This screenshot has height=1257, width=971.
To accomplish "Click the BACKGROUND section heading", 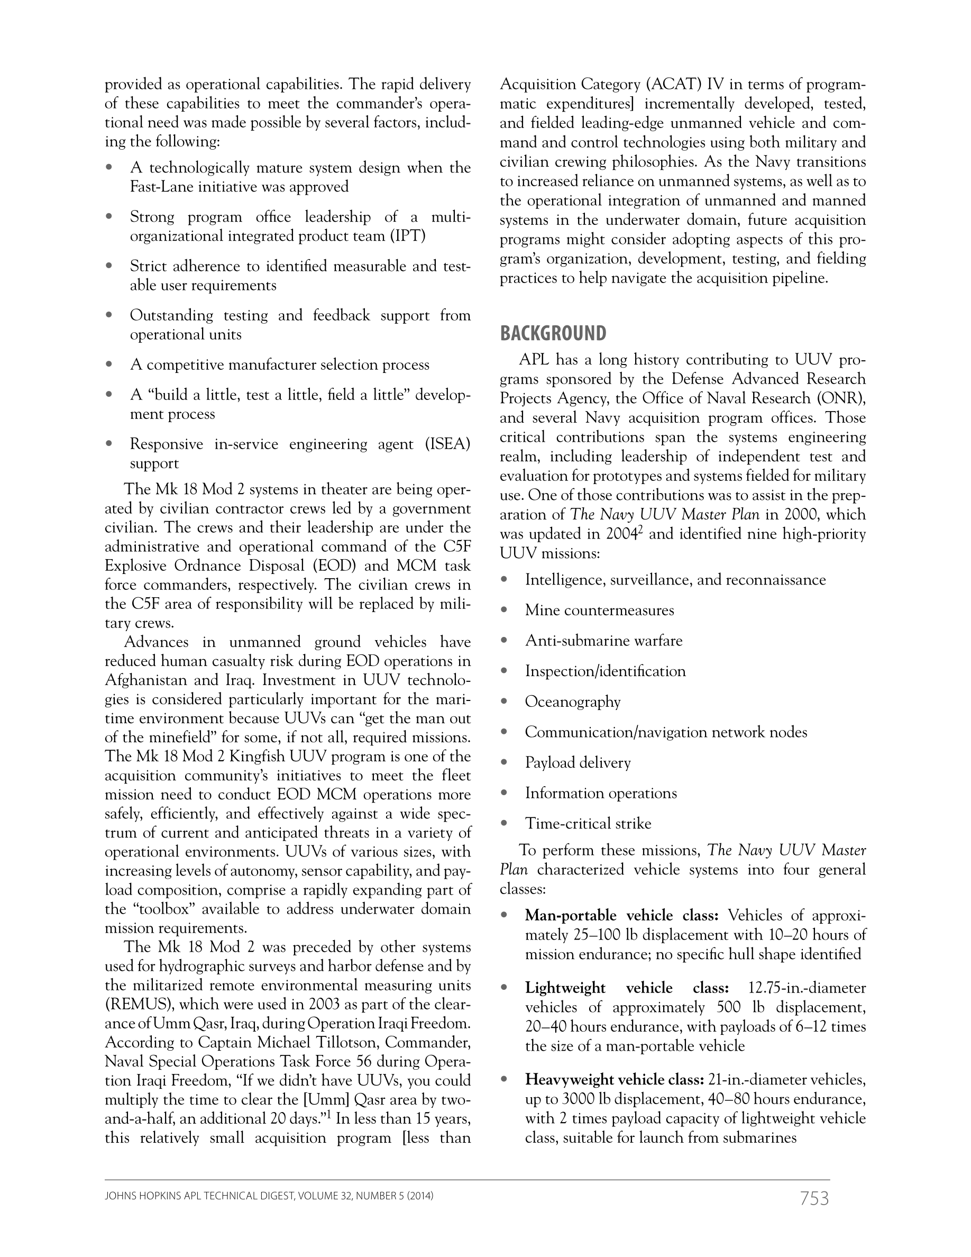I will (x=552, y=333).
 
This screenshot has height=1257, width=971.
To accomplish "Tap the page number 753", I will (x=814, y=1199).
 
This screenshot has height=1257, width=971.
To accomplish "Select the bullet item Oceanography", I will (x=572, y=702).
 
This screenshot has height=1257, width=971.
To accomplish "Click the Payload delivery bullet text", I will (x=578, y=762).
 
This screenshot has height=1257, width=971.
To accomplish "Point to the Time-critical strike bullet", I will (x=588, y=824).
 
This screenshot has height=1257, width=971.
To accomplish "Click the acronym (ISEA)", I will (x=447, y=444).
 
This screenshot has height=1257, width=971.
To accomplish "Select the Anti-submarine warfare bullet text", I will (x=603, y=641).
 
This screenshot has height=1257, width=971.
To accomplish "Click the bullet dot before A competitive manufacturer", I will (x=109, y=365).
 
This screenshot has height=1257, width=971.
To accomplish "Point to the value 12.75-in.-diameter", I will (x=807, y=988).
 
